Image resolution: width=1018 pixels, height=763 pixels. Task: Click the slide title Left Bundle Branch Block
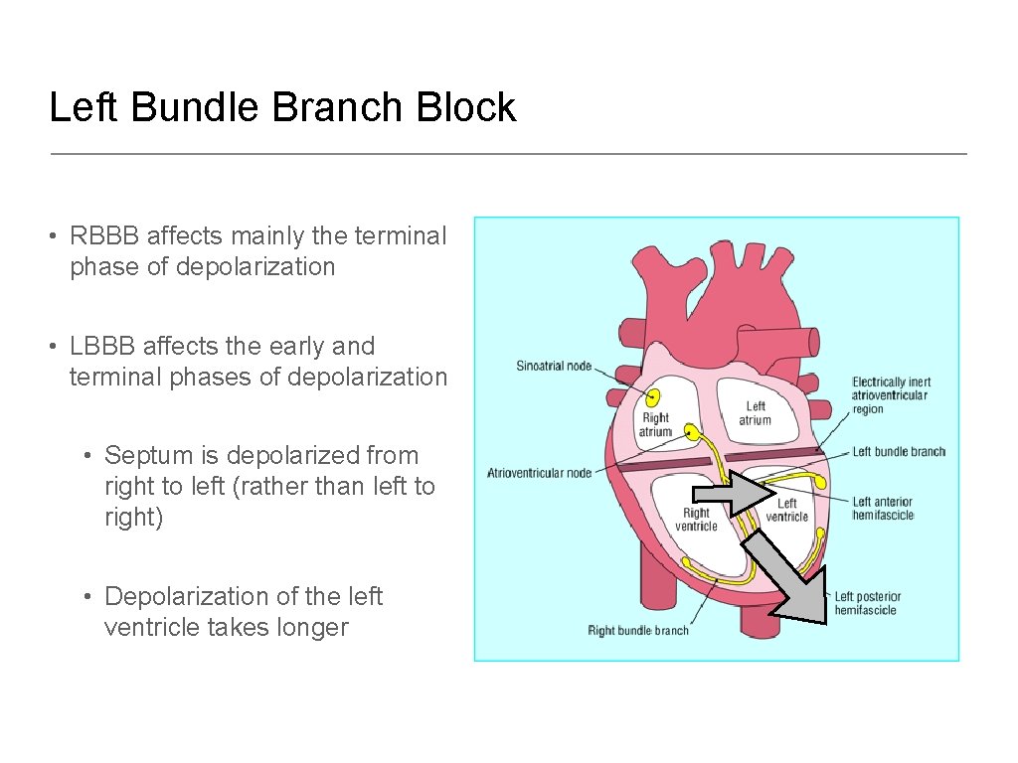click(x=282, y=107)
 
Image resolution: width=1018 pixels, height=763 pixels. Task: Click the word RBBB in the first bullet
click(x=106, y=236)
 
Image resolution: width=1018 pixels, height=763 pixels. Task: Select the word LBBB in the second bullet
click(x=104, y=347)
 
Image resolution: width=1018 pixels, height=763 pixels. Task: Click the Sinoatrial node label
click(x=554, y=367)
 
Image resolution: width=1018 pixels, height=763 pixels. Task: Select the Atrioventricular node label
click(x=539, y=474)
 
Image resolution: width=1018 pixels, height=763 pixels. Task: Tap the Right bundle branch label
click(x=637, y=631)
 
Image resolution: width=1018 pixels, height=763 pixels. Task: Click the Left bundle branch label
click(x=899, y=452)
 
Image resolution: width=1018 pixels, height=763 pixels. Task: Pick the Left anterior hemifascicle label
click(x=883, y=509)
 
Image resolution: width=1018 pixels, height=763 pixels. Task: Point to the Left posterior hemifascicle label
click(x=866, y=604)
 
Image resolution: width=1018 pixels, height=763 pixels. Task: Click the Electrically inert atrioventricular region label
click(x=890, y=395)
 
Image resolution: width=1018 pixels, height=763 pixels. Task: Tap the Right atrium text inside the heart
click(x=655, y=425)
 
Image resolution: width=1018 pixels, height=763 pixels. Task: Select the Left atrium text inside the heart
click(x=756, y=413)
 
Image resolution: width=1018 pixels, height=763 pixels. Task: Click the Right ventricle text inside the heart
click(x=696, y=520)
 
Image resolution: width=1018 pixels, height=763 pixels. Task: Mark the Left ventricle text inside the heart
click(x=786, y=511)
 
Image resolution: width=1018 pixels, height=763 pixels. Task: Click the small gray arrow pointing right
click(x=734, y=493)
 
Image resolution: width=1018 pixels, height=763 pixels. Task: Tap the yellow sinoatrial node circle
click(x=654, y=396)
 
